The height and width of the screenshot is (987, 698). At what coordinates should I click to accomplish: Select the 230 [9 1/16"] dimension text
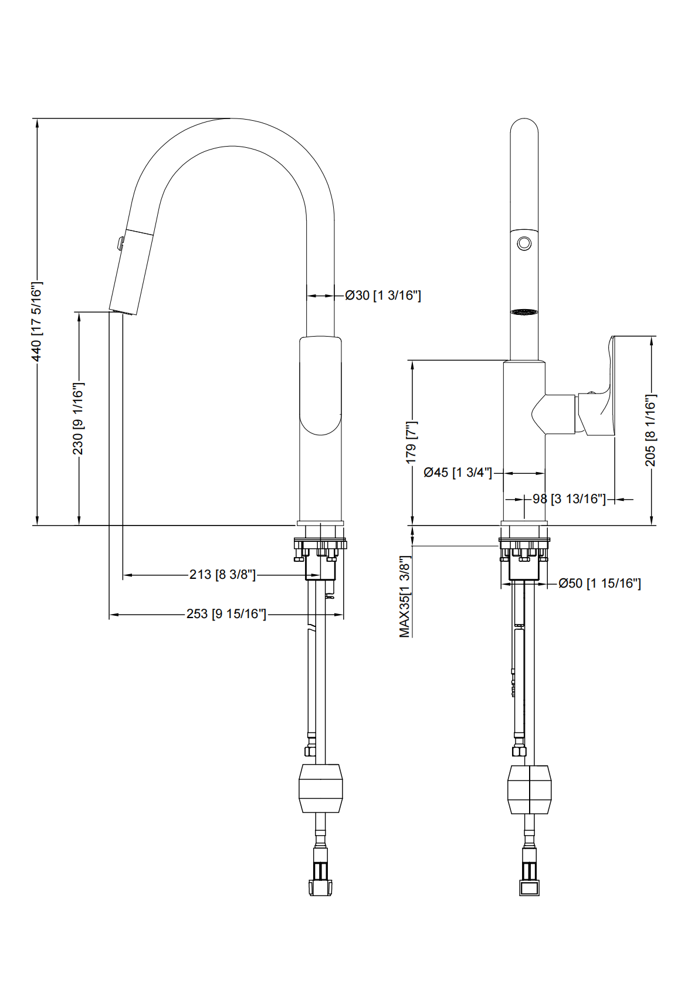(x=78, y=418)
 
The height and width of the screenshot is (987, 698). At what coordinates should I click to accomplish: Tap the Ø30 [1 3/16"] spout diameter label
(x=383, y=295)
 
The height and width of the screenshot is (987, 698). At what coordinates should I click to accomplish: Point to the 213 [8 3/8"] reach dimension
(x=222, y=575)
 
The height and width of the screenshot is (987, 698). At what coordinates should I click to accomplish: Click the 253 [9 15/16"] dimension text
(x=226, y=614)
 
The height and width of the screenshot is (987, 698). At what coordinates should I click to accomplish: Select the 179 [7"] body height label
(x=411, y=442)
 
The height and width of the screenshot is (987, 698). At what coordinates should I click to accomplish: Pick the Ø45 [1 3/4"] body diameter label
(x=458, y=472)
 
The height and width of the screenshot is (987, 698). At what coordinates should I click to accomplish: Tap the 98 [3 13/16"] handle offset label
(x=568, y=499)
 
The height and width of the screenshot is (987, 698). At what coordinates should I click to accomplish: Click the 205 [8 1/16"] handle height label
(x=650, y=430)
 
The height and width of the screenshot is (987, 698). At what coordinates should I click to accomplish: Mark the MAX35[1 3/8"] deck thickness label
(x=405, y=596)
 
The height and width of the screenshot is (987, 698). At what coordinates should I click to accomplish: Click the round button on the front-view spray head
(x=524, y=242)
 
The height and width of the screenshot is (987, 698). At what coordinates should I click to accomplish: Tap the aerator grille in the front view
(x=524, y=312)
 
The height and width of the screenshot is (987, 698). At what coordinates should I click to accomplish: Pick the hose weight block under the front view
(x=529, y=789)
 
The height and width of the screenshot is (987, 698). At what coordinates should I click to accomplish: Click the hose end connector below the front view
(x=529, y=879)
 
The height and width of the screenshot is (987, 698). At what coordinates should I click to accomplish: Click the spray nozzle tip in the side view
(x=123, y=310)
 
